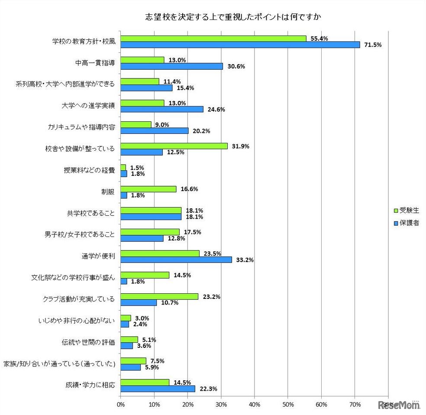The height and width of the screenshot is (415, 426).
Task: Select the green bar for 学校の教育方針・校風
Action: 213,39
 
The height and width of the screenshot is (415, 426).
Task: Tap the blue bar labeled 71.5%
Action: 240,45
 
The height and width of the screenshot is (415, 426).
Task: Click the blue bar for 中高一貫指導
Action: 171,66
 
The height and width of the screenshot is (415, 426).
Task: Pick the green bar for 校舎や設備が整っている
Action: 174,146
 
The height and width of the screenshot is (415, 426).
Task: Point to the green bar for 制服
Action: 148,189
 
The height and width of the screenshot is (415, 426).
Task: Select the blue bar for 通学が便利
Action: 176,259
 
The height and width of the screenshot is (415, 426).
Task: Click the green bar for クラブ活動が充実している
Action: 159,297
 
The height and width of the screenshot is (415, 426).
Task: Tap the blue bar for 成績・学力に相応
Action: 158,389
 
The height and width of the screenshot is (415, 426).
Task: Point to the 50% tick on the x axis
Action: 288,405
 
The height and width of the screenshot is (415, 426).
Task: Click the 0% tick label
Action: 121,405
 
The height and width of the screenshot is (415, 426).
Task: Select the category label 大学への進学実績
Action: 89,106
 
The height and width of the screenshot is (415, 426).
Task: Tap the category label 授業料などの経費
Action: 89,170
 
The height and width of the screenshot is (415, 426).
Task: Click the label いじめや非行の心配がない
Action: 77,321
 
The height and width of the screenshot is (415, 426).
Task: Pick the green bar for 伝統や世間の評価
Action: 129,339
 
